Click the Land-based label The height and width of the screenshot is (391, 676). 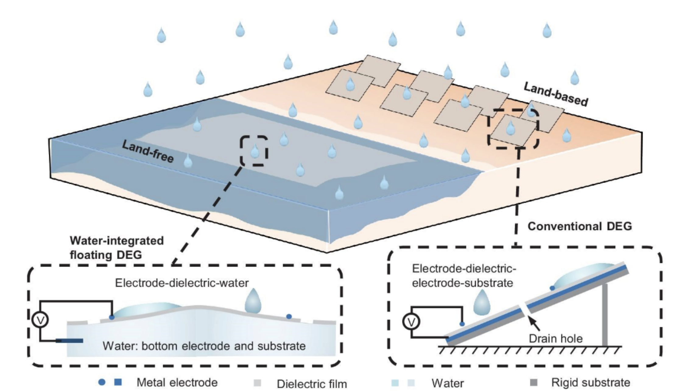coord(555,94)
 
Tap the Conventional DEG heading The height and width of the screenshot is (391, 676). coord(579,226)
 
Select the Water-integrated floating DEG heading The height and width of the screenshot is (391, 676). coord(117,247)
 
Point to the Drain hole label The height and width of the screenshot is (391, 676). coord(555,339)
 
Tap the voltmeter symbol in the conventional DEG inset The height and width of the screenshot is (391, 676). coord(411,322)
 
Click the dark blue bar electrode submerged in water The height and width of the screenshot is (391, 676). coord(69,341)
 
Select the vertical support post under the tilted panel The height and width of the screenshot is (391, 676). coord(605,315)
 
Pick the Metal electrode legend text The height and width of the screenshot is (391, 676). coord(177,382)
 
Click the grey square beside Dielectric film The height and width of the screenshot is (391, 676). coord(258,383)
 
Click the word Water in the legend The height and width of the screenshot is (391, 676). coord(448,383)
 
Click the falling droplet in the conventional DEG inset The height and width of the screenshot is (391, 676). coord(482,302)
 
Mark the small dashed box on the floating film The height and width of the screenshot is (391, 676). coord(254,151)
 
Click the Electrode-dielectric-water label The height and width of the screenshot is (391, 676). coord(182,283)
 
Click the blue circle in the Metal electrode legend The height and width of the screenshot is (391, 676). coord(102,382)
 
